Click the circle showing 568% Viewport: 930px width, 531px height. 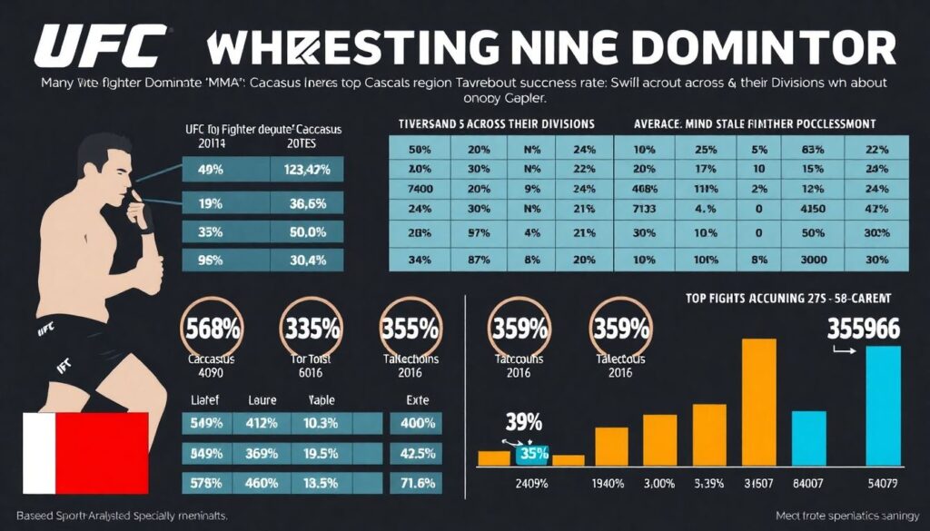point(212,327)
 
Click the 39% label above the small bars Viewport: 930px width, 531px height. point(524,423)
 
